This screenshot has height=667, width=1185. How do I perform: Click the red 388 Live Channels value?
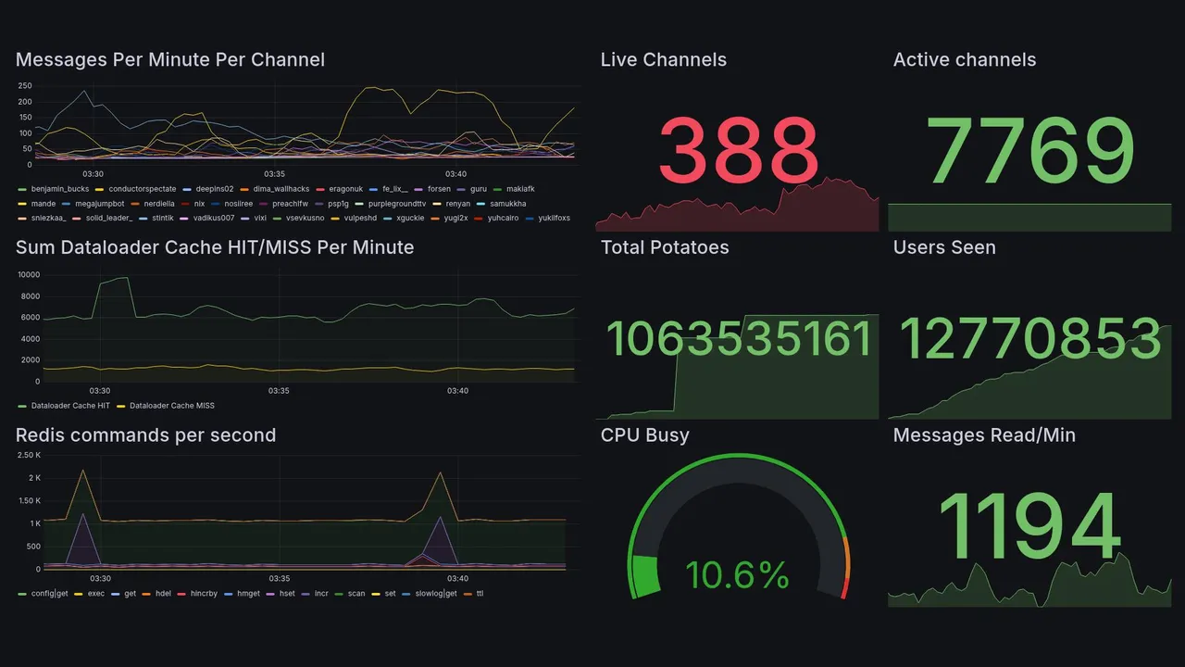pos(739,151)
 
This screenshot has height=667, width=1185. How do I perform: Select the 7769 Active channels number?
pos(1030,151)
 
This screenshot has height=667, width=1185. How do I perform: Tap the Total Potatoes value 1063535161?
pos(739,339)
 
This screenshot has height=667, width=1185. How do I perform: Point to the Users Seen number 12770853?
pos(1030,339)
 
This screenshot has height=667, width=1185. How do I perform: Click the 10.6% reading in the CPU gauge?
pos(737,576)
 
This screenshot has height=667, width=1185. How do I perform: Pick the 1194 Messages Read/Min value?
pos(1030,528)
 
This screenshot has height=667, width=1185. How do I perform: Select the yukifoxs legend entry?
pos(554,219)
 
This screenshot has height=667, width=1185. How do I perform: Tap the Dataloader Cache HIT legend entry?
pos(70,406)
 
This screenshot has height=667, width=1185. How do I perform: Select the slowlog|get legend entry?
pos(436,594)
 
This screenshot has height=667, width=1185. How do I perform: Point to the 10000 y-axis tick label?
pos(29,275)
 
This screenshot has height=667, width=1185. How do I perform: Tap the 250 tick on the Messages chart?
pos(25,86)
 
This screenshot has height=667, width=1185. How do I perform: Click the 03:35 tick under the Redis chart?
pos(280,579)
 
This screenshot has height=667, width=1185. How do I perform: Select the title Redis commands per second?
pos(145,435)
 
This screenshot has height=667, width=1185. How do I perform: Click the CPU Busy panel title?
pos(644,435)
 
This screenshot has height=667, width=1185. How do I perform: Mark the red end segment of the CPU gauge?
pos(843,589)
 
